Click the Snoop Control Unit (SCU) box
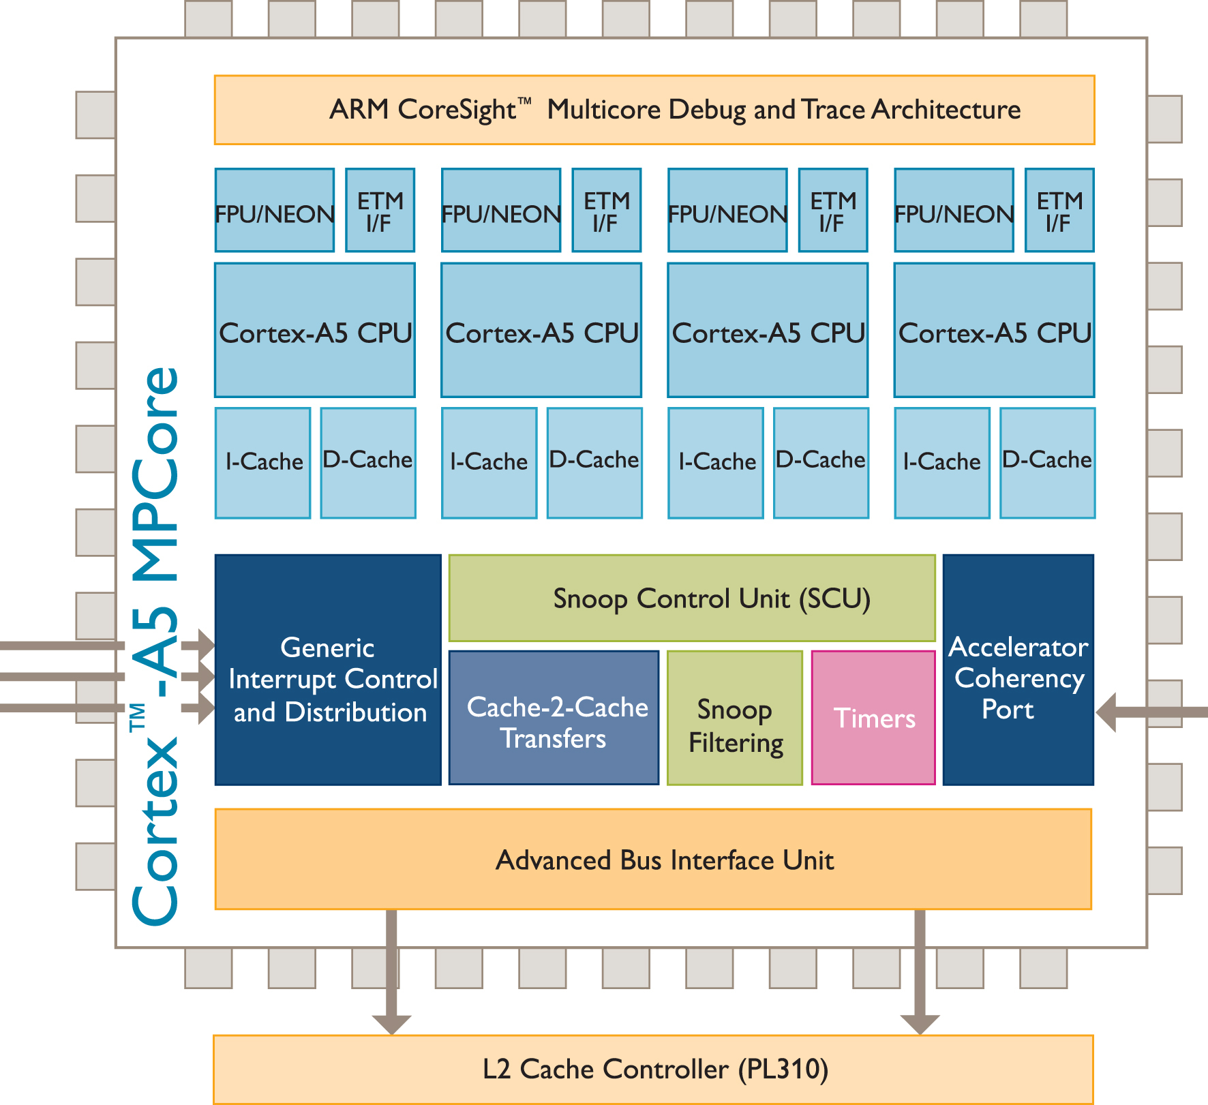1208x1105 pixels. (x=691, y=599)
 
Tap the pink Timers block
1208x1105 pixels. (x=873, y=718)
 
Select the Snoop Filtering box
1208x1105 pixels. (x=735, y=718)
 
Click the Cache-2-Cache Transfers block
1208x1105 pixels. (x=554, y=718)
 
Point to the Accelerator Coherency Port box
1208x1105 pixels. (x=1018, y=670)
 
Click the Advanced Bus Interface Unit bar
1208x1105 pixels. (x=653, y=859)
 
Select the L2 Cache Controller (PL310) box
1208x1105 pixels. (x=653, y=1069)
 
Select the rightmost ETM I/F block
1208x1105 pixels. (x=1059, y=211)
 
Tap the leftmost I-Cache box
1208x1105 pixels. (x=263, y=463)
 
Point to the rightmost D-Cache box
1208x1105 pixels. (x=1047, y=463)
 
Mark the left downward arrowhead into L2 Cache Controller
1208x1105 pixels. (x=391, y=1023)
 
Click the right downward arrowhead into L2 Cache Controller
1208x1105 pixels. (x=920, y=1023)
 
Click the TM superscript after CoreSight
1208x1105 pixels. (x=524, y=101)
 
